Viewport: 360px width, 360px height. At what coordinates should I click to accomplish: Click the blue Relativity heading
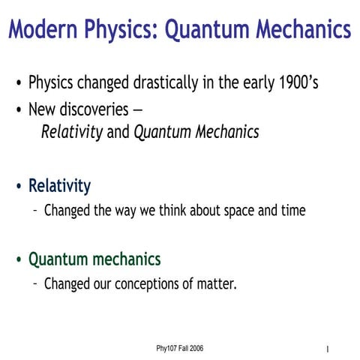click(59, 185)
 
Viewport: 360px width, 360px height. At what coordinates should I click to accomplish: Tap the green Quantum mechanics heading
click(94, 259)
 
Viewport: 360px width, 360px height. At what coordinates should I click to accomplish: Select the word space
click(238, 211)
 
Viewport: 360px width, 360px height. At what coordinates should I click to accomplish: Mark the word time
click(292, 211)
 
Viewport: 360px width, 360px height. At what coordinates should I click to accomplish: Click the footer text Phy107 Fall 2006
click(180, 349)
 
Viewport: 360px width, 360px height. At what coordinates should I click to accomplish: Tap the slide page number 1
click(328, 350)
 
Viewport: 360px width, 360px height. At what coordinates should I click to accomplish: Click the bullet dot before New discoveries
click(18, 110)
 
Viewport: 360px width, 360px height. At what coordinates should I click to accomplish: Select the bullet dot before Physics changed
click(18, 83)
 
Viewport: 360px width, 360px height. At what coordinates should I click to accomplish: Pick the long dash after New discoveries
click(137, 110)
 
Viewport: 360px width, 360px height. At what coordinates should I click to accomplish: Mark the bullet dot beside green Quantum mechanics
click(18, 261)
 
